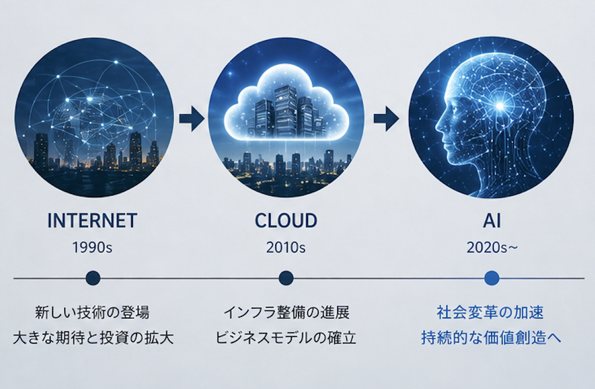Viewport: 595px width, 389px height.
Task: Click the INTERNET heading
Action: [x=92, y=221]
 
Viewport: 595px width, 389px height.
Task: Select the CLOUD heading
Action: [x=286, y=221]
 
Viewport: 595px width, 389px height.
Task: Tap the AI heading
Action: [x=492, y=221]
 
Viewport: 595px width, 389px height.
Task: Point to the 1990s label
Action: [x=92, y=247]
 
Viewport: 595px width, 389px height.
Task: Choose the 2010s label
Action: [x=286, y=247]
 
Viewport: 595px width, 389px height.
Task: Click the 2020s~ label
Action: [x=492, y=247]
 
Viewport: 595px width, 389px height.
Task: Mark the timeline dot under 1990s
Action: [x=93, y=278]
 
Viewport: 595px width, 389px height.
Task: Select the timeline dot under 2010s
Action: [x=286, y=278]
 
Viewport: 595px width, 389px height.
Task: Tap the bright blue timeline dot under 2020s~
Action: [x=492, y=278]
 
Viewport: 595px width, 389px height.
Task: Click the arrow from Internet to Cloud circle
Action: [x=192, y=119]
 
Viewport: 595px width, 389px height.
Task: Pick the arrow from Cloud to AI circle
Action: [x=386, y=119]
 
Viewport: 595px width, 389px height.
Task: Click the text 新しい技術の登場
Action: [x=92, y=313]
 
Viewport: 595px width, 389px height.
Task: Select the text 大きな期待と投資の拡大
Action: [x=93, y=338]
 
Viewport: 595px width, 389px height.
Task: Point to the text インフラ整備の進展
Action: [x=286, y=313]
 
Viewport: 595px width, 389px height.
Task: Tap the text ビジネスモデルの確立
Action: [x=286, y=338]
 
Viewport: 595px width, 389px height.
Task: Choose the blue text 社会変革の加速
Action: [x=490, y=313]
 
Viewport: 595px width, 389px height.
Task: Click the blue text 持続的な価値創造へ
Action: [x=491, y=338]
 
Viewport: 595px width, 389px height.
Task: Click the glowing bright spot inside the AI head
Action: [x=501, y=106]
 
